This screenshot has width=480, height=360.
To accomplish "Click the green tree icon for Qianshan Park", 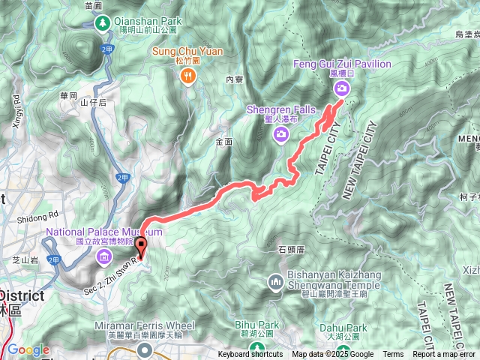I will click(x=102, y=22).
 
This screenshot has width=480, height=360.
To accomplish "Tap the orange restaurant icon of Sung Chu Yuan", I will click(x=187, y=74).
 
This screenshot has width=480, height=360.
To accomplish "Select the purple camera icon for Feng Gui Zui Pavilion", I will click(x=342, y=88).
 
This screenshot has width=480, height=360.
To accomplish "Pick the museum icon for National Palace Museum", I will click(x=103, y=259).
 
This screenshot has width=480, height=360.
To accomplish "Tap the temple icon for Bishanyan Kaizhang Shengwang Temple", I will click(x=275, y=282).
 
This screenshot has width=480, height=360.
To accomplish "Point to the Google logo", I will click(x=28, y=349).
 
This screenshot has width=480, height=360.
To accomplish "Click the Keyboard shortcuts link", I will click(x=250, y=355).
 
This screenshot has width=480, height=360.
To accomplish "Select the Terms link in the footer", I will click(x=393, y=355).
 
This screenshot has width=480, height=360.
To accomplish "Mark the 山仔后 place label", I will click(x=94, y=102).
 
